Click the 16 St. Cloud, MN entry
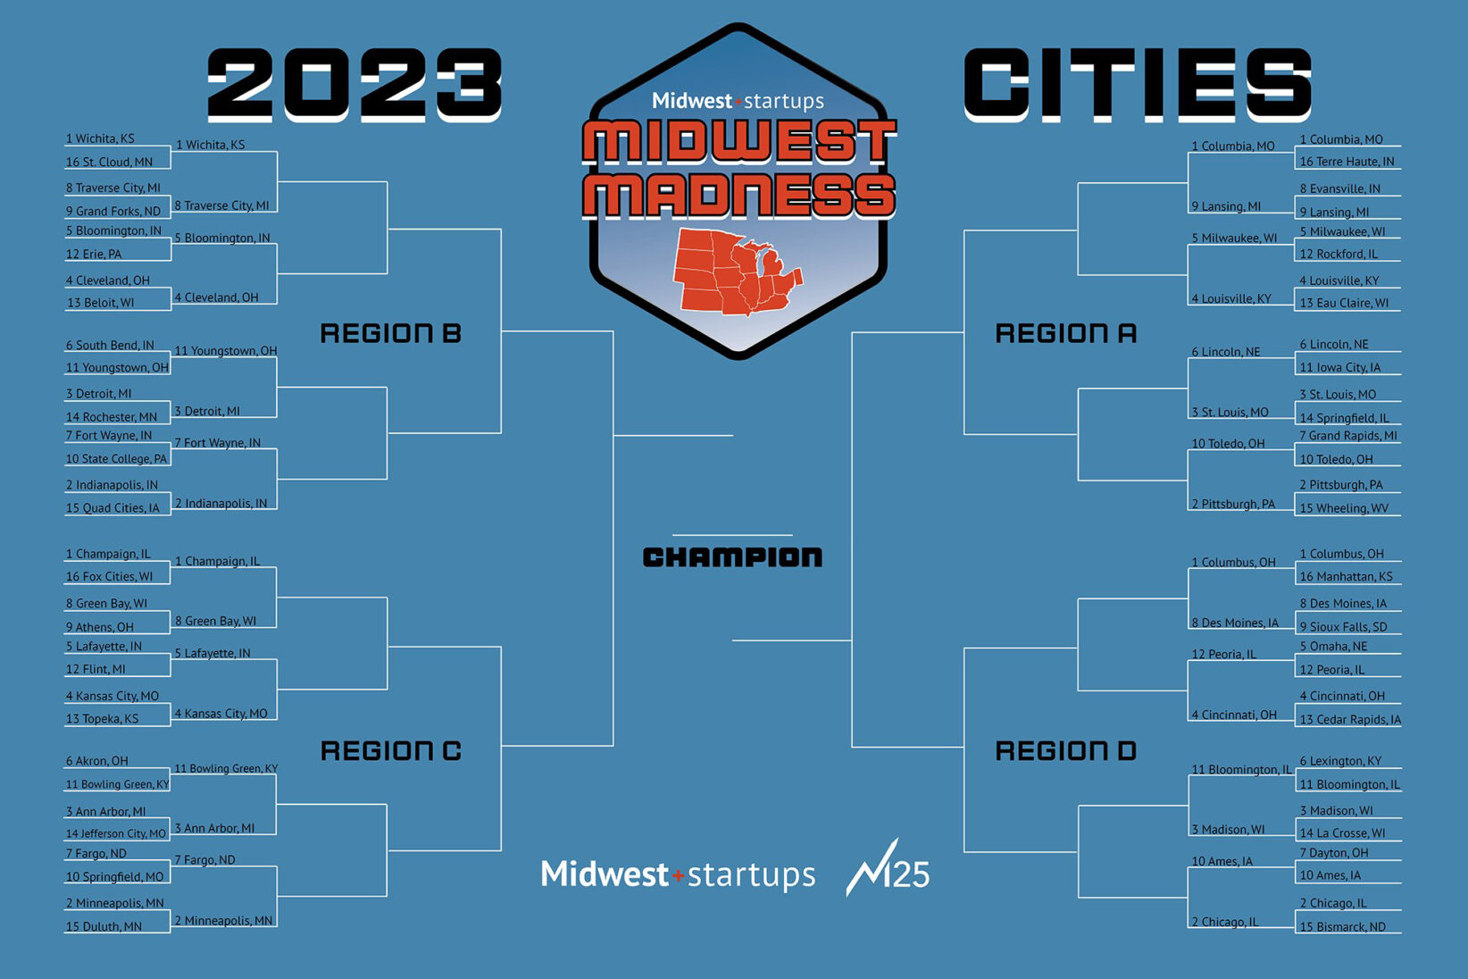point(109,162)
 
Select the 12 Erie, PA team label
point(93,254)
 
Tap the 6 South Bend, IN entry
point(110,345)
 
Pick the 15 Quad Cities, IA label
point(113,508)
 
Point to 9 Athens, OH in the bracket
point(99,627)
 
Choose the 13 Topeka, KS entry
point(102,719)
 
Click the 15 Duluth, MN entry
point(104,926)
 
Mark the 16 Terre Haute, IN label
point(1347,162)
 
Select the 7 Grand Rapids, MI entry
point(1348,435)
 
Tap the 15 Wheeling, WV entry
point(1344,508)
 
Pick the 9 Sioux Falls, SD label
point(1343,627)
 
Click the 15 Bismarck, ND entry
point(1342,926)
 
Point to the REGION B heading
point(390,333)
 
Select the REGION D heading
point(1065,751)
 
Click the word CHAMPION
point(732,557)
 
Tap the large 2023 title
point(354,85)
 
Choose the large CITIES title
point(1137,85)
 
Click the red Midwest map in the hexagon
point(738,272)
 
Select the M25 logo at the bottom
point(888,867)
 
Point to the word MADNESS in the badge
point(738,196)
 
